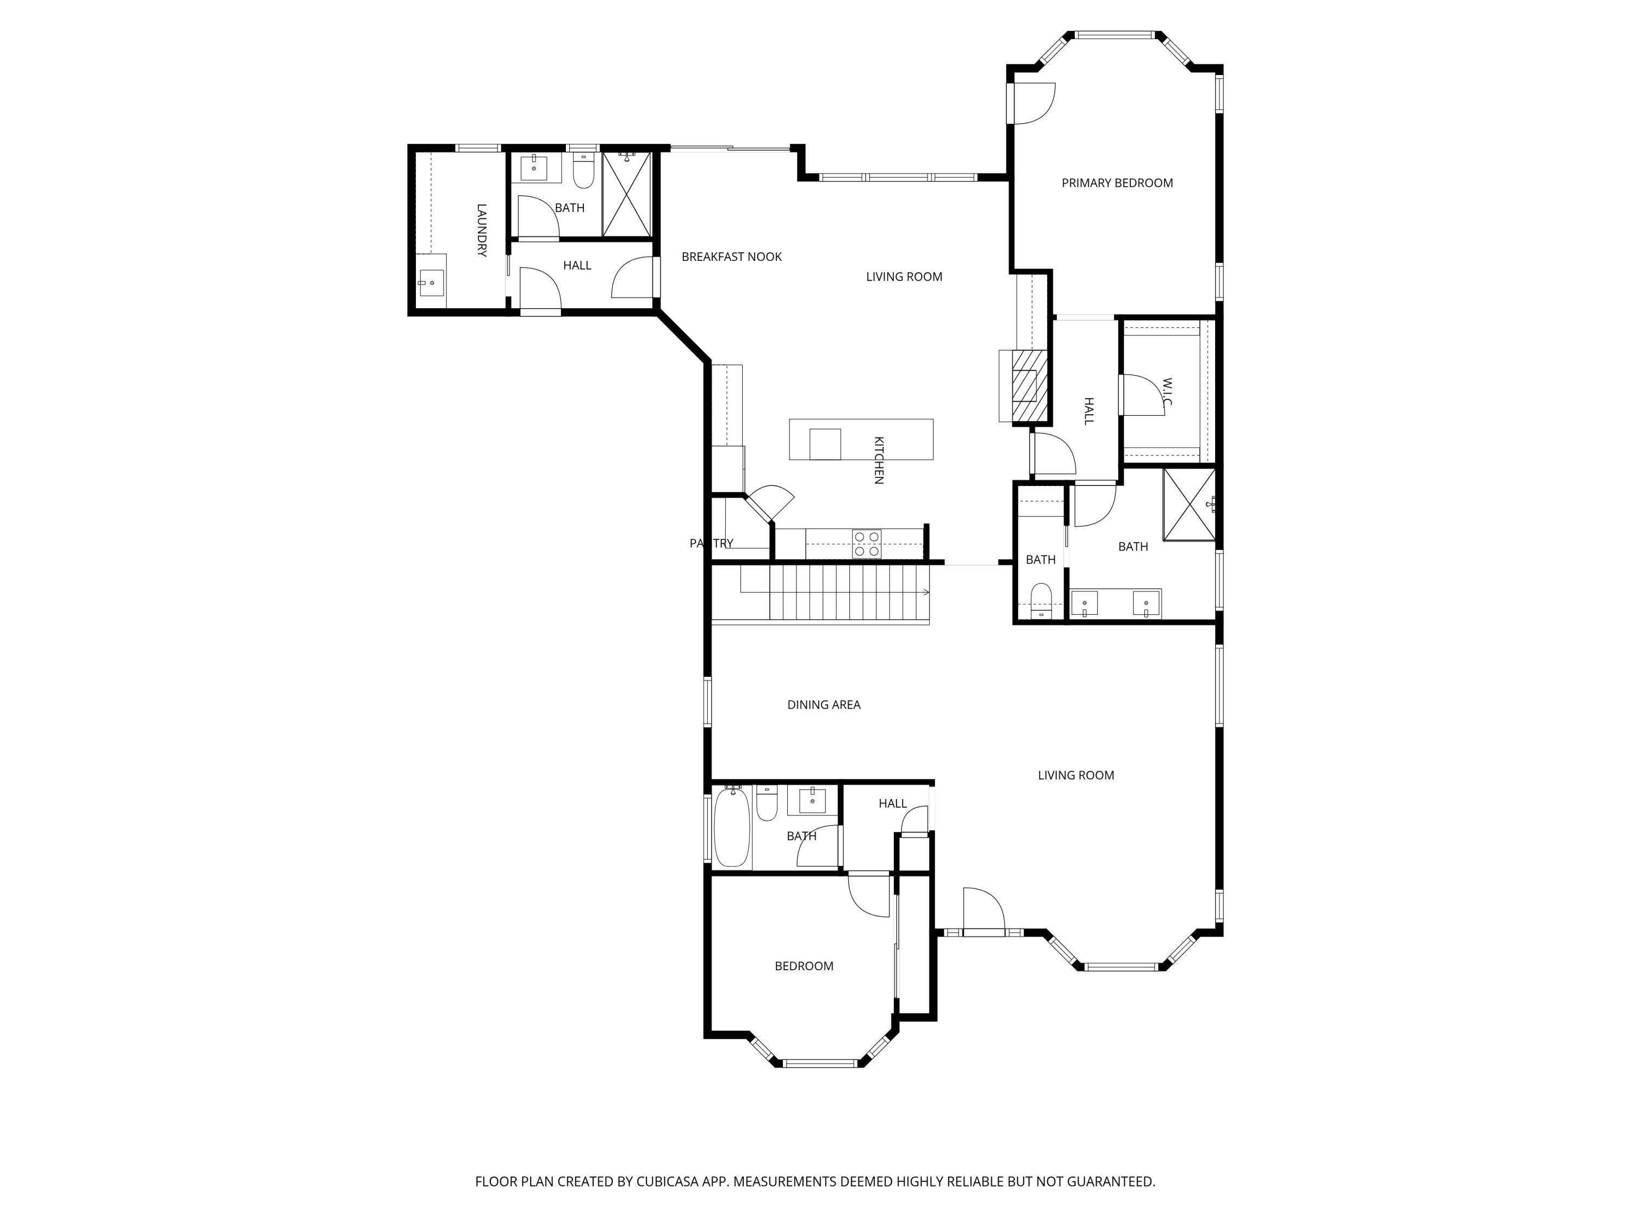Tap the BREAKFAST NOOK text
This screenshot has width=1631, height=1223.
(731, 257)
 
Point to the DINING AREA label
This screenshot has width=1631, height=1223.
(823, 705)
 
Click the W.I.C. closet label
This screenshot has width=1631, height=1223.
(1167, 392)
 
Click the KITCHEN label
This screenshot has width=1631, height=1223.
(878, 460)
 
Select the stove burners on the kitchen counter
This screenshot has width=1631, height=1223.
(867, 544)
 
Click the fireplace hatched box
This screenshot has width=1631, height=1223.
(1029, 385)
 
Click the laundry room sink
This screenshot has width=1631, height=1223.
(431, 282)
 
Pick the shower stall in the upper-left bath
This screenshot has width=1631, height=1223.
(627, 195)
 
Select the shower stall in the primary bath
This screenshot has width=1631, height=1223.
(1188, 504)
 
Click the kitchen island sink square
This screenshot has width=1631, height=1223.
(824, 444)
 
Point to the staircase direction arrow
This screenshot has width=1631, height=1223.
(925, 592)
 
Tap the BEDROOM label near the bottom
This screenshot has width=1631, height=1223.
(804, 966)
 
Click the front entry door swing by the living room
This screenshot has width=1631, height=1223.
(983, 912)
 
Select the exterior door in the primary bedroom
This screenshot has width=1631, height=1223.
(1032, 103)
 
